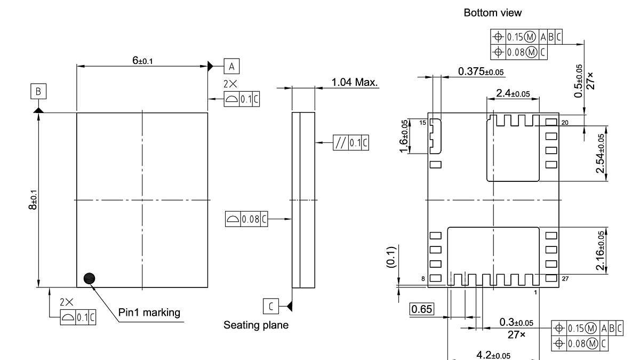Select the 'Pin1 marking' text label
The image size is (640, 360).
[149, 313]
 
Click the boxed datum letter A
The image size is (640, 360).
[231, 66]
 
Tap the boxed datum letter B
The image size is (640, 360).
[38, 91]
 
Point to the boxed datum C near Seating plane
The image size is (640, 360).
[271, 306]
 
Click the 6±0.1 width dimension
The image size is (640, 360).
[142, 61]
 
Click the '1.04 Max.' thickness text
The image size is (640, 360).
[354, 82]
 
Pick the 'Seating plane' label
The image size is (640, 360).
[255, 325]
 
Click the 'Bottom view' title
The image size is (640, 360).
[492, 12]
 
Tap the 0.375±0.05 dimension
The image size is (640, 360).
[481, 71]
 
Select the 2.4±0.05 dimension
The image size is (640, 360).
[513, 93]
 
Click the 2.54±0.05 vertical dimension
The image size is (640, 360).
[601, 153]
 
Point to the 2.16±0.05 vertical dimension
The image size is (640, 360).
[601, 251]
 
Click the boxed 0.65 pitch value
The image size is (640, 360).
[421, 309]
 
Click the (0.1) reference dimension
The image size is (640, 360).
[390, 257]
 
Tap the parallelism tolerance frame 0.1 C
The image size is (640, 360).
[350, 142]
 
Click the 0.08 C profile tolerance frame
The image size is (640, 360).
[246, 219]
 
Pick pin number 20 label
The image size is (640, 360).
[564, 123]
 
